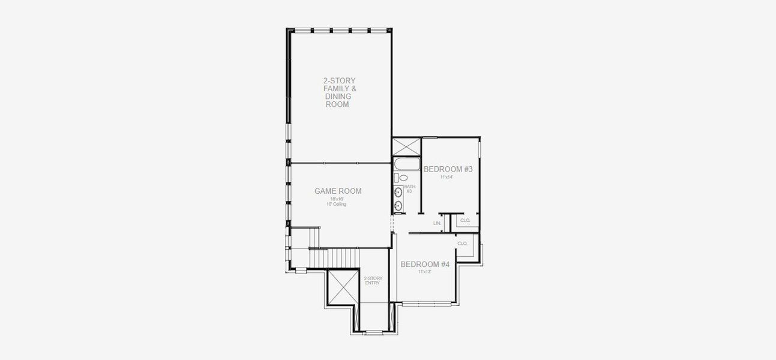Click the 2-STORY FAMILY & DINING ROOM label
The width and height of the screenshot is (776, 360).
(340, 92)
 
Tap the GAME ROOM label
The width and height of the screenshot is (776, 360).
(338, 191)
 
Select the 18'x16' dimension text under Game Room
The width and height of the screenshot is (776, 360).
(337, 199)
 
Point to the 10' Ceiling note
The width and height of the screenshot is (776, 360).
(336, 204)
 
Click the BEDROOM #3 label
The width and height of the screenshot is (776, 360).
(448, 169)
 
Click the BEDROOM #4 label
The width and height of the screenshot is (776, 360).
(425, 265)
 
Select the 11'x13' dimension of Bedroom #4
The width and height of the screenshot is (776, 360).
(425, 272)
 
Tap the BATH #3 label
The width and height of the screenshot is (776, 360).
(409, 189)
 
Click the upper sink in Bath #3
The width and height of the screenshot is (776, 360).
(398, 192)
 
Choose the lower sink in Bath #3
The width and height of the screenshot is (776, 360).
(398, 206)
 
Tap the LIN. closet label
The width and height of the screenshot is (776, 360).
(437, 223)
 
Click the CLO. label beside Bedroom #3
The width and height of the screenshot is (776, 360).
(465, 221)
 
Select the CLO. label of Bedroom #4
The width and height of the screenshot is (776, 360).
(462, 244)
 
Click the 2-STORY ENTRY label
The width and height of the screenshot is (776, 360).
(373, 280)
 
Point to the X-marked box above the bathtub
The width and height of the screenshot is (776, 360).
(406, 146)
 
